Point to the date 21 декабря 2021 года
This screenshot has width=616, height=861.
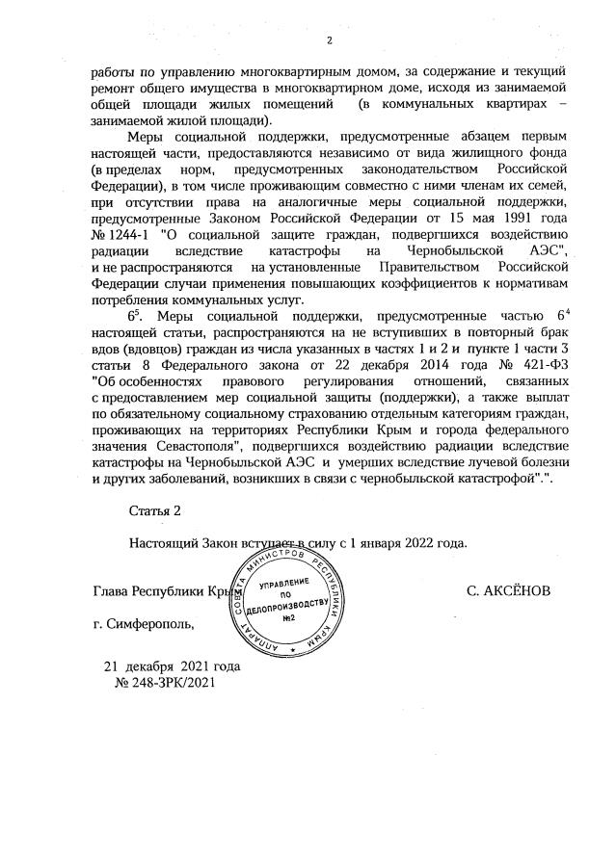tap(172, 666)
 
